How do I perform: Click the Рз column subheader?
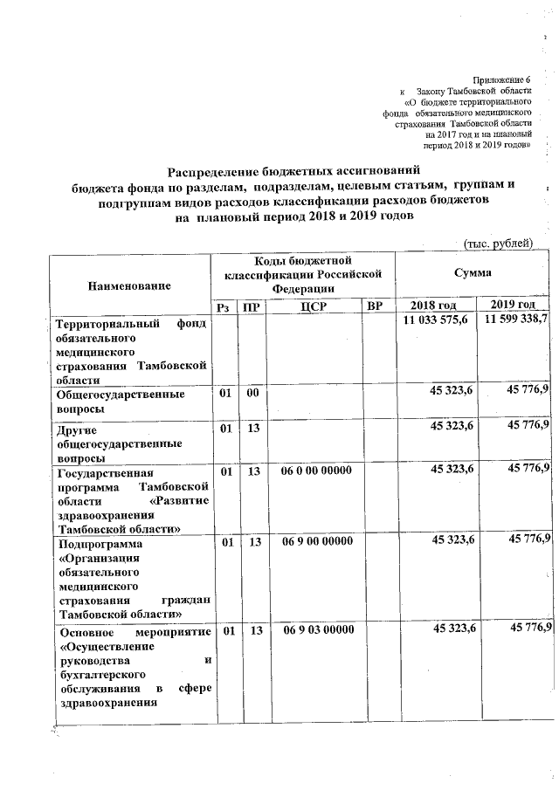[x=225, y=306]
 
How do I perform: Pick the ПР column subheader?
[x=253, y=306]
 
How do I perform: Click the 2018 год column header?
[x=433, y=305]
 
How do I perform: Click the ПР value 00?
[x=253, y=394]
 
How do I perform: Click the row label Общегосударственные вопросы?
[x=120, y=402]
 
